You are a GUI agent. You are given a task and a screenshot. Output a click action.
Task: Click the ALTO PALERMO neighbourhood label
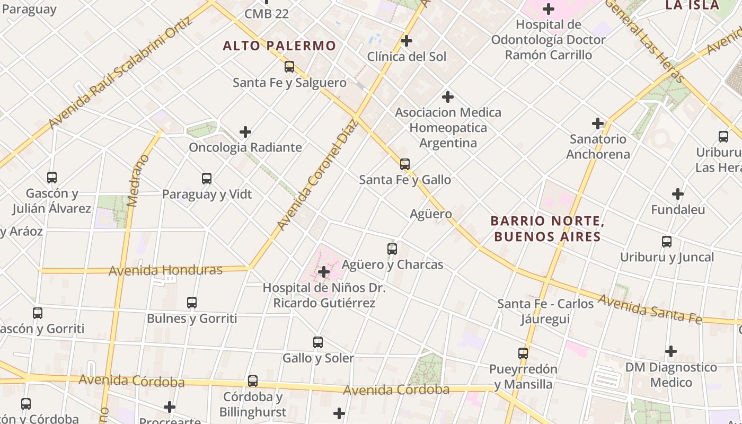coord(279,46)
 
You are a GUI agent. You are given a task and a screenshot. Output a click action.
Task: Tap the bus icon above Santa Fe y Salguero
coord(289,67)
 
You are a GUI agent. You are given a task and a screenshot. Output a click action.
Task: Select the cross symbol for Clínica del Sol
coord(407,41)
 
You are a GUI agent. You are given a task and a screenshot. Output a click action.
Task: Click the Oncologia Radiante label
coord(245,147)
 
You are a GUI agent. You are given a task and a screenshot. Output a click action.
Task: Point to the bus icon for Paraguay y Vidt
coord(207,179)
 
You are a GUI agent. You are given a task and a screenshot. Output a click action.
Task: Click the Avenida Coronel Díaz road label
coord(318,175)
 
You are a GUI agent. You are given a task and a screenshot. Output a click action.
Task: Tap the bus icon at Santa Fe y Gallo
coord(405,164)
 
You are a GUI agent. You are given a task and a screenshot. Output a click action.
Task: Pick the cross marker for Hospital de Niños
coord(323,272)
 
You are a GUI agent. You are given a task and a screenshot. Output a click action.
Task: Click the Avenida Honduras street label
coord(165,270)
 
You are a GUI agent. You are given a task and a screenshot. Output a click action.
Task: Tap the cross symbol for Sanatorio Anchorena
coord(598,123)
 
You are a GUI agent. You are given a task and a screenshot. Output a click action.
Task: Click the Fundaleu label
coord(678,210)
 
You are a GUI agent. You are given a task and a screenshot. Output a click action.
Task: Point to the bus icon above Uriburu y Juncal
coord(667,242)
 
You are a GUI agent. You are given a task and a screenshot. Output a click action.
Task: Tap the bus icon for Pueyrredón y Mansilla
coord(523,353)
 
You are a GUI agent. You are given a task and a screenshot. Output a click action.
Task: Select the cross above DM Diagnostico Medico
coord(671,351)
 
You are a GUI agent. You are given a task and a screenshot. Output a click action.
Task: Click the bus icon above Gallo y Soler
coord(318,342)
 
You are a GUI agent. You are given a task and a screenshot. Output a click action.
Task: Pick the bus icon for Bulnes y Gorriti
coord(192,303)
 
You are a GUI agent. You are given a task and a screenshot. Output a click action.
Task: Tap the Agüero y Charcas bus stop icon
coord(392,249)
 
